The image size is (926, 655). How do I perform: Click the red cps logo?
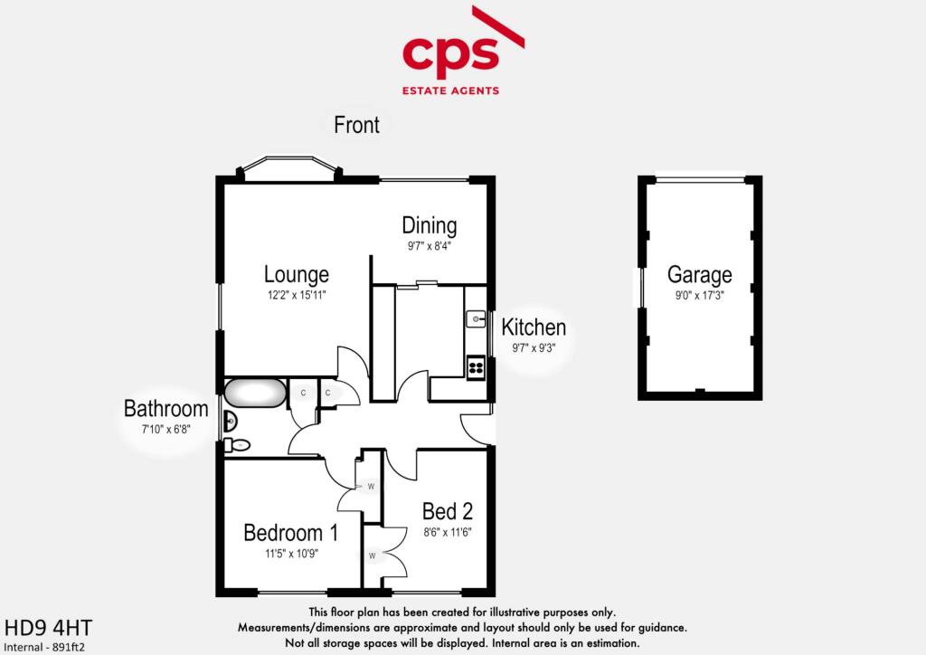click(x=463, y=50)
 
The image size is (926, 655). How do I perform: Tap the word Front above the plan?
click(x=356, y=125)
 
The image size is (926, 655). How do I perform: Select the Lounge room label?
click(x=297, y=275)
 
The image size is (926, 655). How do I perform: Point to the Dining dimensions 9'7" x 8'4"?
click(x=430, y=246)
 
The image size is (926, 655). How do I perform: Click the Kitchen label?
click(x=534, y=327)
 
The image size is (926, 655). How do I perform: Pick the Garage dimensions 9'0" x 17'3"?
click(x=700, y=295)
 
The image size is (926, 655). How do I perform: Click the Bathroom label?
click(x=166, y=409)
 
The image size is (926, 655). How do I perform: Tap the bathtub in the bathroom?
click(x=254, y=394)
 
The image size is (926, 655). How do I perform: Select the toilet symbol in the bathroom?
click(x=237, y=445)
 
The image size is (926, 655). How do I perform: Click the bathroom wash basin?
click(x=231, y=422)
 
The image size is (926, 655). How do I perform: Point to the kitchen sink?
click(x=476, y=319)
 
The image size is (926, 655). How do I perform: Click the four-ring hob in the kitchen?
click(x=476, y=368)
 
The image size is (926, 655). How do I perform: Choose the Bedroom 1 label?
click(x=291, y=533)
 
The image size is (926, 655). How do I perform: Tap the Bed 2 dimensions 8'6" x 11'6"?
click(x=448, y=532)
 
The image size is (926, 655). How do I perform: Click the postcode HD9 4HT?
click(x=49, y=627)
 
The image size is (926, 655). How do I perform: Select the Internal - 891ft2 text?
click(x=44, y=648)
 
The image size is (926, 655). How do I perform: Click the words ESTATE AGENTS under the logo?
click(x=450, y=90)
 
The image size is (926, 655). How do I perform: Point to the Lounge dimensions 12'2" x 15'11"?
click(x=297, y=295)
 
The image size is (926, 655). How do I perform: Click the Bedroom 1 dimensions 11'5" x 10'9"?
click(x=291, y=554)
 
